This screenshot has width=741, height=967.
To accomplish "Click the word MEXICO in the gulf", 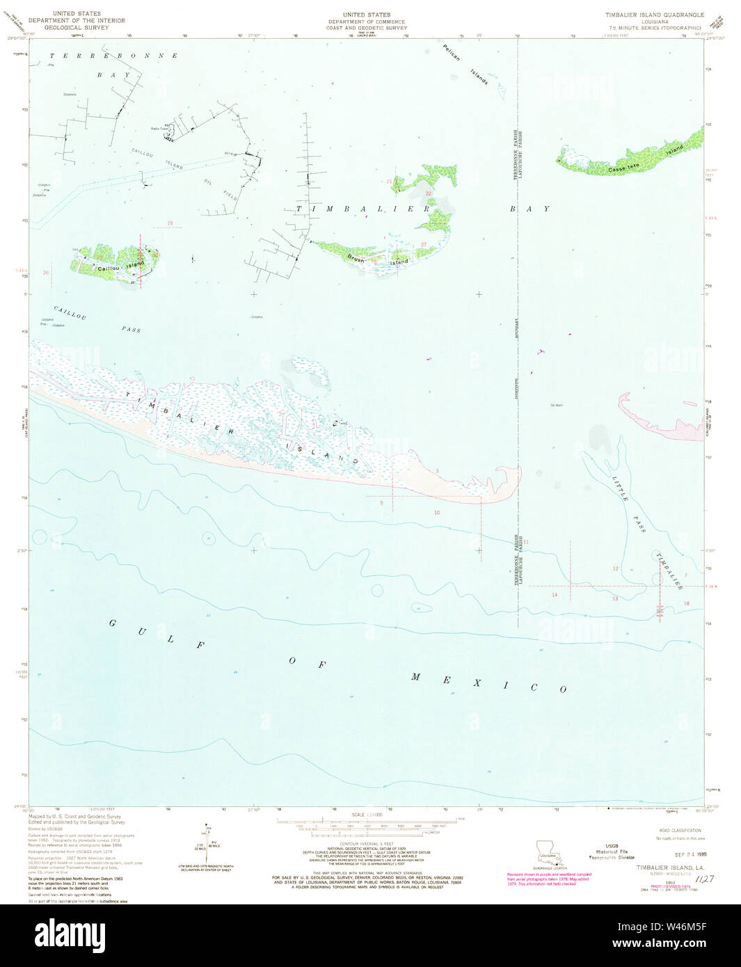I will (x=486, y=682).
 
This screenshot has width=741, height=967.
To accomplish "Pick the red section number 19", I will (x=169, y=223).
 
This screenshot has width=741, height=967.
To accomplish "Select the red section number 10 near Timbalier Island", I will (x=437, y=513).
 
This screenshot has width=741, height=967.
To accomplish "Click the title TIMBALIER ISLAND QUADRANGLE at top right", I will (x=654, y=15).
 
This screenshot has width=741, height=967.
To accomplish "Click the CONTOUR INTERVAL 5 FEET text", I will (x=367, y=842).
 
